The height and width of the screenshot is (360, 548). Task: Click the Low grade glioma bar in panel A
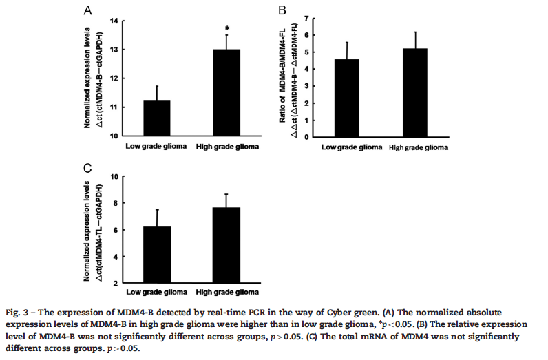(158, 118)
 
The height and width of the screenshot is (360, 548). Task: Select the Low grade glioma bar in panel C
(158, 255)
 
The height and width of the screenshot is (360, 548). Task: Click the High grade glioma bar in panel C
(227, 245)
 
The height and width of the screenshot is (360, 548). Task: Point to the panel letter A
(87, 10)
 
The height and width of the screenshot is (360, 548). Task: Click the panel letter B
(282, 10)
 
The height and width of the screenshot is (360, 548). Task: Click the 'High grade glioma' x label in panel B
(419, 148)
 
